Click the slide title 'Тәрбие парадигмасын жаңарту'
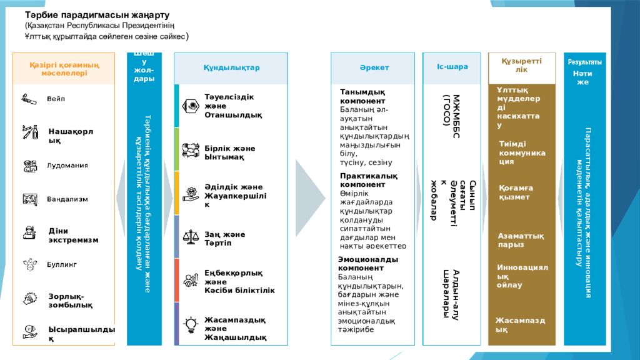pos(97,14)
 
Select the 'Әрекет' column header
pos(374,67)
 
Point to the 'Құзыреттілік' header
pos(521,65)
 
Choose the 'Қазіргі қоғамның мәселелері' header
pos(64,69)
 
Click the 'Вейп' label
pos(56,99)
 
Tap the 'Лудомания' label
pos(67,166)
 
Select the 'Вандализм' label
pos(67,199)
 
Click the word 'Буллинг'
pos(62,265)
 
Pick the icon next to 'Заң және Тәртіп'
pos(190,237)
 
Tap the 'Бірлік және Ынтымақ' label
pos(229,152)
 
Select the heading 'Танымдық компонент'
pos(362,96)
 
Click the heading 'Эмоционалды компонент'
pos(367,264)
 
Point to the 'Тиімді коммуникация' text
pos(522,152)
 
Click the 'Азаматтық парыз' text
pos(521,240)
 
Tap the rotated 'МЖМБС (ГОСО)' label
pos(451,111)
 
